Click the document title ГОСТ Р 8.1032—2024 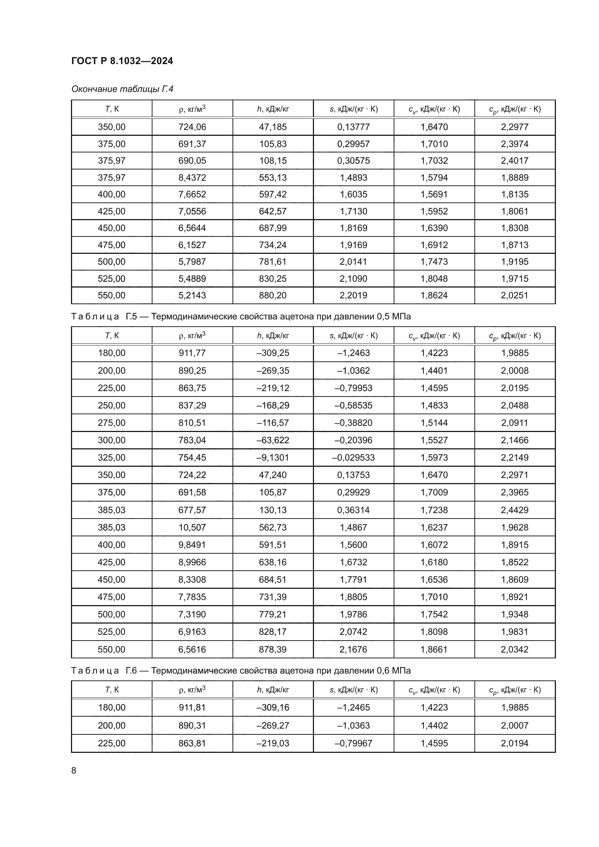click(122, 61)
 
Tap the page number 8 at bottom click(74, 770)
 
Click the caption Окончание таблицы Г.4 click(122, 89)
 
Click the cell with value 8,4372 click(192, 177)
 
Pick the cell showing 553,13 click(273, 177)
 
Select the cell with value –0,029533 click(353, 457)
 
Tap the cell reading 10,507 click(192, 528)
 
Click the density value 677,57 click(192, 510)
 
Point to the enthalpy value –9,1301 click(273, 457)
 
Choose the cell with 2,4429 click(515, 510)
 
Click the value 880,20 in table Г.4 click(273, 295)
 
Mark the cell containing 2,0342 click(515, 649)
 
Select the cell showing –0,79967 click(353, 743)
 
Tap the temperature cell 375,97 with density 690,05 click(112, 160)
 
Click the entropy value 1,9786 click(353, 614)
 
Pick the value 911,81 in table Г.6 click(192, 707)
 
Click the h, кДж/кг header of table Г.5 click(273, 335)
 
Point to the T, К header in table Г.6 click(112, 689)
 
